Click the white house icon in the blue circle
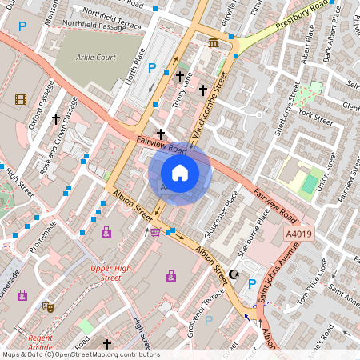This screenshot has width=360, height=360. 180,173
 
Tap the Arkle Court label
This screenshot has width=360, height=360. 97,58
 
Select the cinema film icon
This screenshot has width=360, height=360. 20,100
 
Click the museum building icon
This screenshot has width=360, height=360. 214,42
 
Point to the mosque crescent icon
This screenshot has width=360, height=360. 234,274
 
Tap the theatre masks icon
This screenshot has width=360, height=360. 48,306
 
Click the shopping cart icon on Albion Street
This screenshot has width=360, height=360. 154,232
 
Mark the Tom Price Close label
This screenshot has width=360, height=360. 308,277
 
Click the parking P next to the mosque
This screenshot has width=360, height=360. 253,283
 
